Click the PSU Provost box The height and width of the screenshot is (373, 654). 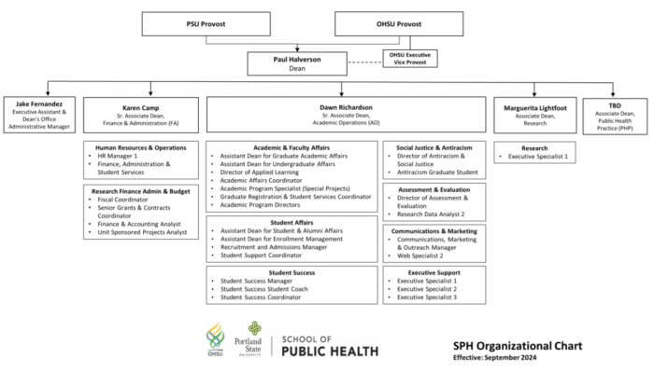click(206, 23)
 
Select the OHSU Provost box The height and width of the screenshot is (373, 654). click(399, 23)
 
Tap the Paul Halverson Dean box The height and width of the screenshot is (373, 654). click(297, 63)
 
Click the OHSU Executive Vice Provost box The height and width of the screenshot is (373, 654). click(410, 58)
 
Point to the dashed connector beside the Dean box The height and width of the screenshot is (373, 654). click(365, 62)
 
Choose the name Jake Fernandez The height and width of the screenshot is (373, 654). click(39, 104)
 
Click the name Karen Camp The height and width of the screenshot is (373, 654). click(140, 108)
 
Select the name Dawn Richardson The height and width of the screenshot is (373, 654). click(347, 107)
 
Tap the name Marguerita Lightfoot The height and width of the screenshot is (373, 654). click(535, 108)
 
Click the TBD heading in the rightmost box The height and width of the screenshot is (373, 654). click(615, 105)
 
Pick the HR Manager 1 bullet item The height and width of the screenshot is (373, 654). click(117, 156)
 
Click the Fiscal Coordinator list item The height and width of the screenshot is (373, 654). click(122, 200)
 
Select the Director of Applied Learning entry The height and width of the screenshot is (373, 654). click(260, 173)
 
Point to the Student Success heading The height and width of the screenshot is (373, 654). click(291, 273)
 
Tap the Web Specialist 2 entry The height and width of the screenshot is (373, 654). click(420, 256)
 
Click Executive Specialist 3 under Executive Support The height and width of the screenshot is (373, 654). click(427, 297)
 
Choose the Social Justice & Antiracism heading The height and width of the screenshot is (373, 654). click(434, 147)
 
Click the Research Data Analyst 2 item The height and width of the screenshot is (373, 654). click(431, 214)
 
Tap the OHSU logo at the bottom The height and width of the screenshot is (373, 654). click(215, 339)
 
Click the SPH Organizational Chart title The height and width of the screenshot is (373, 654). click(518, 346)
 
